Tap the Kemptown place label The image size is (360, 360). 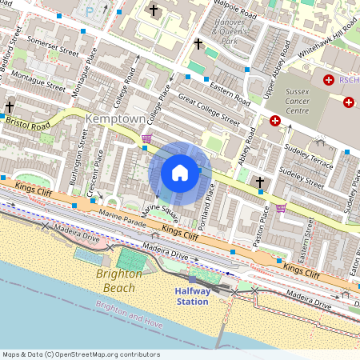tap(115, 119)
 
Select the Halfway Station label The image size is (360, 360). tap(193, 296)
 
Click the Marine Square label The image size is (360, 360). tap(160, 212)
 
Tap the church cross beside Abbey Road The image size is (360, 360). tap(259, 182)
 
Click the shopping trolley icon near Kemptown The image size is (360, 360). tap(146, 138)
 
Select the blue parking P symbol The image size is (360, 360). tap(89, 12)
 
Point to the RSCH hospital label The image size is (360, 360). tap(350, 80)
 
